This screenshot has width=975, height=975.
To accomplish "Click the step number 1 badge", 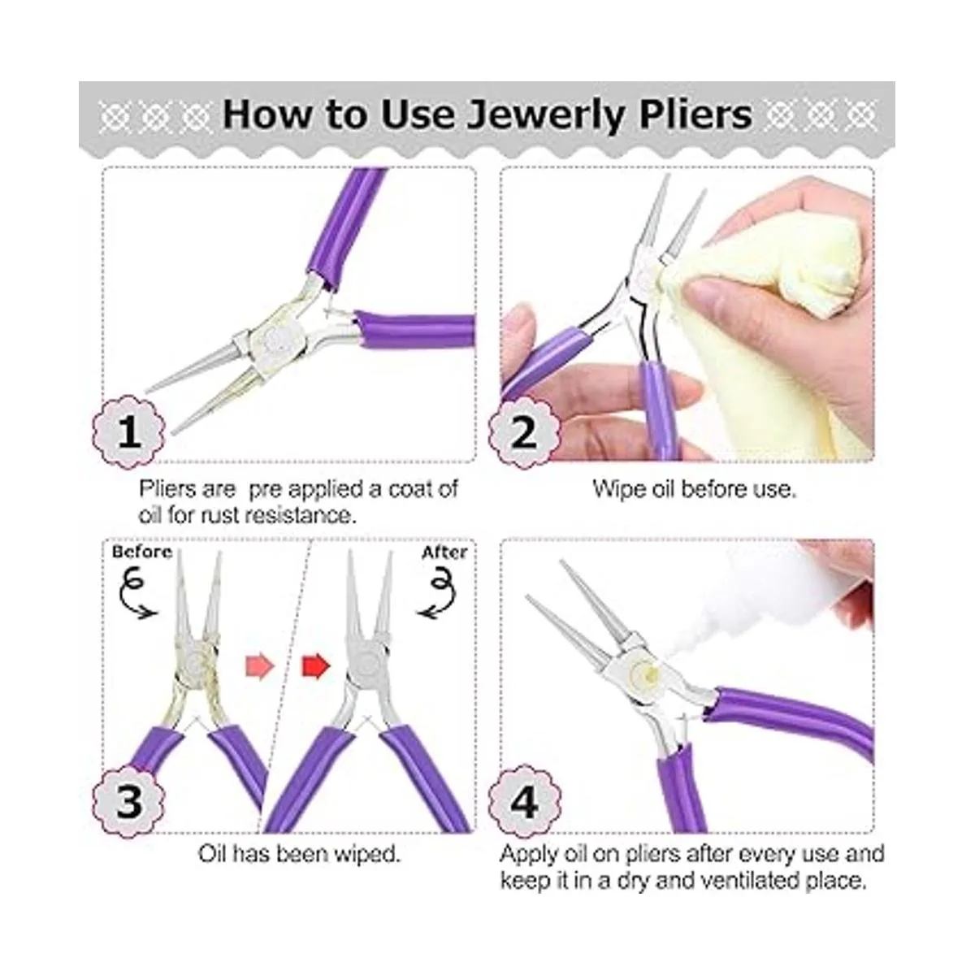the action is tap(129, 431).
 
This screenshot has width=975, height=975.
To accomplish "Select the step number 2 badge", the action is tap(524, 431).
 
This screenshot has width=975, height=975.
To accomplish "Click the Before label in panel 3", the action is tap(142, 552).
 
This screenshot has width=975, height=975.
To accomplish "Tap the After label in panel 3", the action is tap(444, 552).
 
